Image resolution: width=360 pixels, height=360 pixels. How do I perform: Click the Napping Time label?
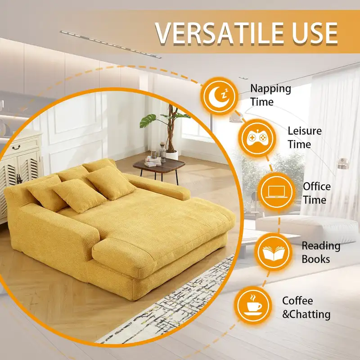click(270, 95)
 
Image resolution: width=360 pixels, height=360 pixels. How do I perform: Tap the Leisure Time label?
click(305, 138)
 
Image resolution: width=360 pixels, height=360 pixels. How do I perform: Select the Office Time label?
click(316, 193)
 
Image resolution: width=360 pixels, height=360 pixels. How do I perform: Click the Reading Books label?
click(321, 252)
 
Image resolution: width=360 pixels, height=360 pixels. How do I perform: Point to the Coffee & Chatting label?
click(306, 307)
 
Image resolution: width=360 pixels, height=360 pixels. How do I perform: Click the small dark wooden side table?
click(159, 165)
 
